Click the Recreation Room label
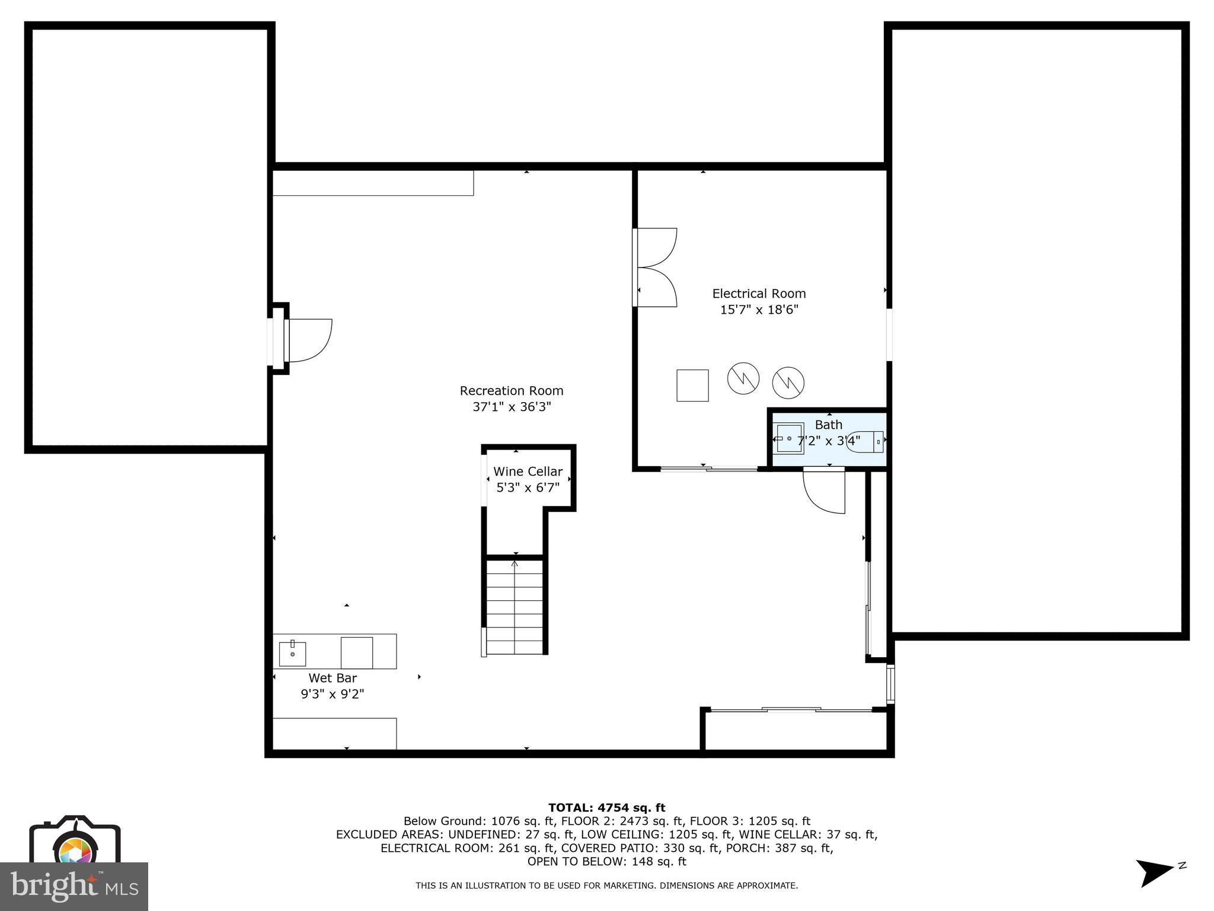[511, 391]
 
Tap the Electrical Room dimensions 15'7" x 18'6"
[759, 310]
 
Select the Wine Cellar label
[528, 472]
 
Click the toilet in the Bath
[866, 442]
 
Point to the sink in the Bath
[790, 438]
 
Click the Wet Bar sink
[292, 653]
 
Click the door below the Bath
[825, 490]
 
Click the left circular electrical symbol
[743, 378]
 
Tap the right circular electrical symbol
[788, 383]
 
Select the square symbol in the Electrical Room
[692, 386]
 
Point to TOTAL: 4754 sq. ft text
[606, 808]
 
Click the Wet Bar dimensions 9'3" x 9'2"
[332, 694]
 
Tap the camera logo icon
[75, 842]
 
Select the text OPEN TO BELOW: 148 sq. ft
[606, 861]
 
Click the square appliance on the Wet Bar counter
[356, 652]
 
